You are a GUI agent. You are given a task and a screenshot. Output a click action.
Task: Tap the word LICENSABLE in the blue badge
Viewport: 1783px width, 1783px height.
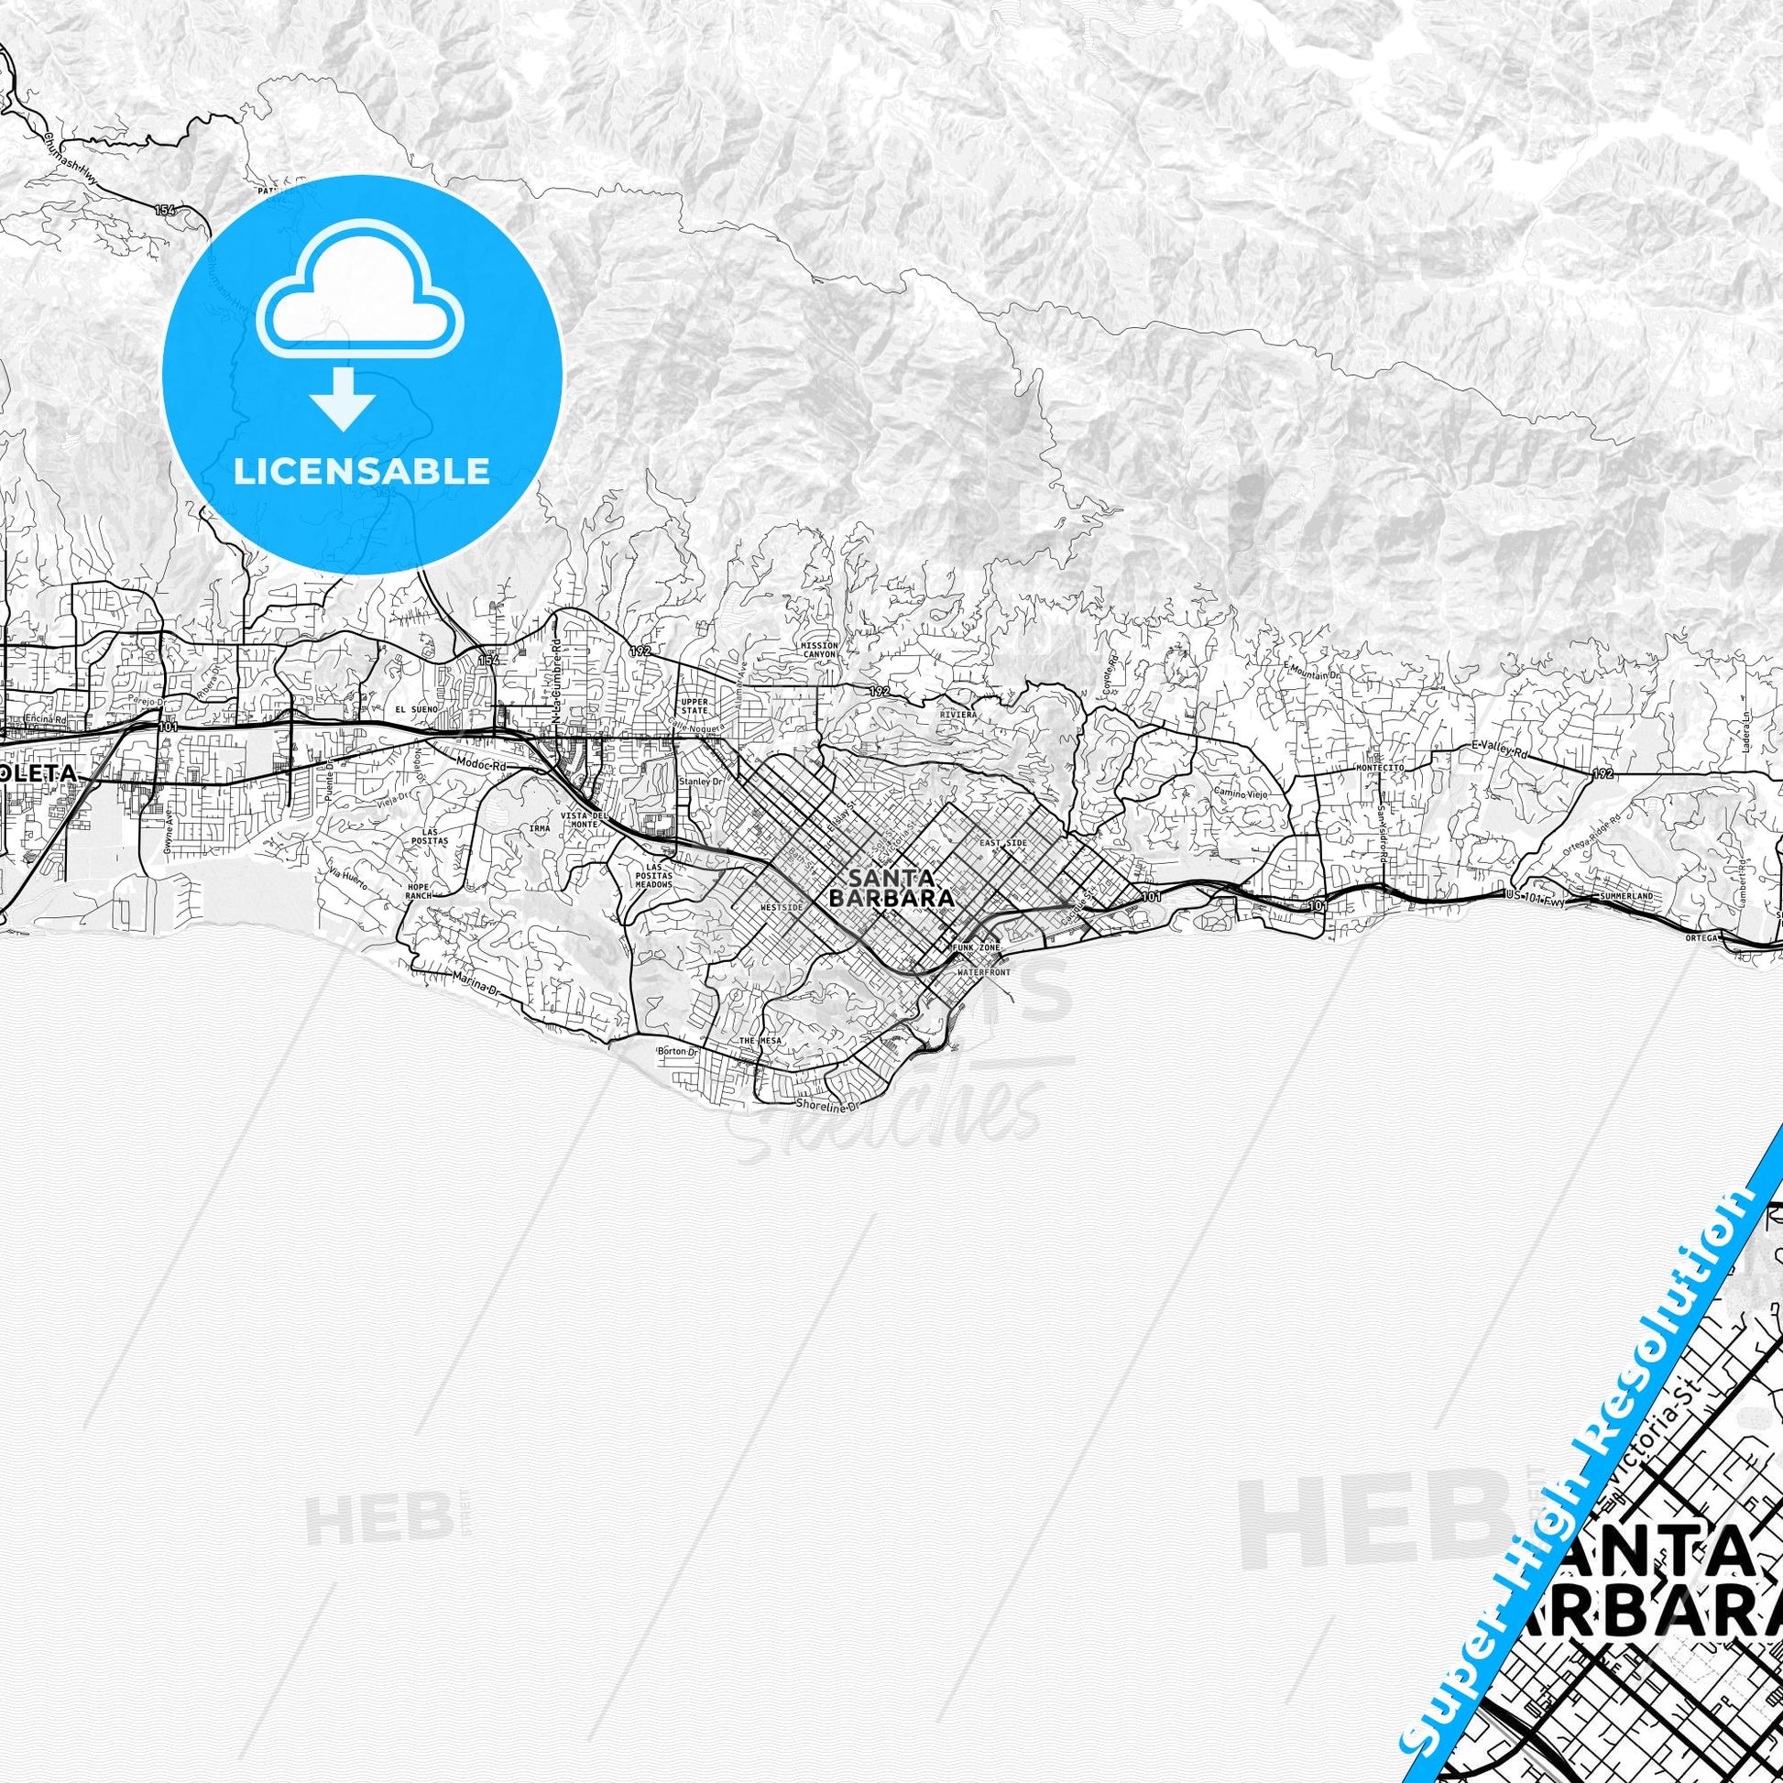point(362,472)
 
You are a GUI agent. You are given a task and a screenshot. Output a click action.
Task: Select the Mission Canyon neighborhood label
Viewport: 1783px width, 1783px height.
point(818,650)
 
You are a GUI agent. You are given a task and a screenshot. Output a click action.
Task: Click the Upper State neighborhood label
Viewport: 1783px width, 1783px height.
point(692,708)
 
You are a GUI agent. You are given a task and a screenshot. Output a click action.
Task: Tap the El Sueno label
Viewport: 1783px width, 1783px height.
point(412,709)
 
